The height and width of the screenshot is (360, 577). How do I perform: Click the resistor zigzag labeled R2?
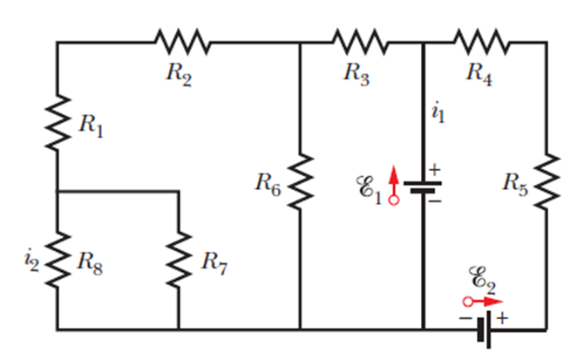tap(182, 40)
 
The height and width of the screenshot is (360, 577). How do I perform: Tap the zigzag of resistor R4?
tap(482, 40)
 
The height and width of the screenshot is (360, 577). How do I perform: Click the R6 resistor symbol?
tap(300, 180)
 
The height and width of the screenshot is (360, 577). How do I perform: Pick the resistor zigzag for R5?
tap(546, 180)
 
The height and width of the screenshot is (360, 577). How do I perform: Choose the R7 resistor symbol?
tap(178, 259)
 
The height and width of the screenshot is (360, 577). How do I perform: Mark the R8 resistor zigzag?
tap(58, 259)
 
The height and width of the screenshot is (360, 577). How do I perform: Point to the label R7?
tap(214, 261)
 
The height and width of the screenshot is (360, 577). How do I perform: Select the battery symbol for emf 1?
tap(423, 187)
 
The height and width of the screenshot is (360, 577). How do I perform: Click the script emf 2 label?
tap(481, 277)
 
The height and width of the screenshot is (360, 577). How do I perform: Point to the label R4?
tap(479, 73)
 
